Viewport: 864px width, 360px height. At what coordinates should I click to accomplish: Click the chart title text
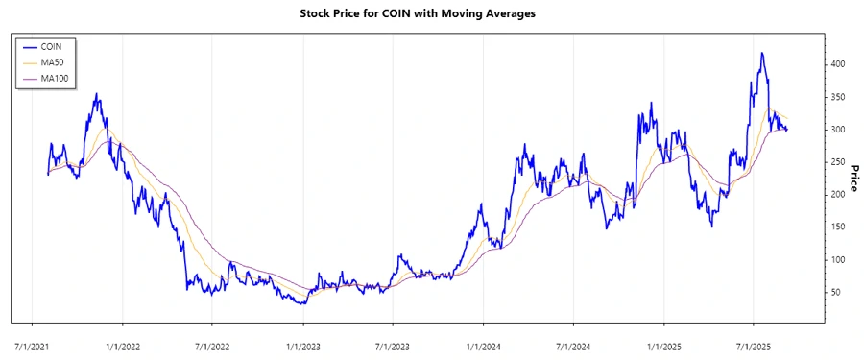[432, 14]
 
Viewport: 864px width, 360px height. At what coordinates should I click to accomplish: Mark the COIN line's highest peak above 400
[762, 54]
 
